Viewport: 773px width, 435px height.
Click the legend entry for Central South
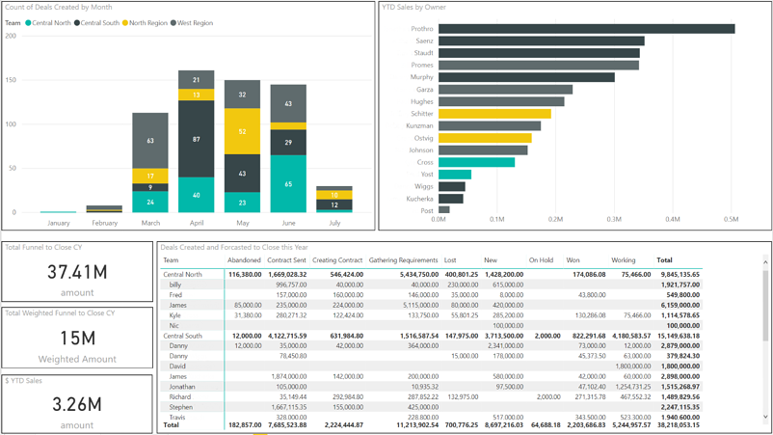[99, 23]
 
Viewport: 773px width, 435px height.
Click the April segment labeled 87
[197, 139]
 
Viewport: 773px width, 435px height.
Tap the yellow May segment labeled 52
[242, 131]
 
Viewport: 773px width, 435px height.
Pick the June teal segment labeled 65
[288, 183]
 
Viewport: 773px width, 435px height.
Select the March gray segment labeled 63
[150, 141]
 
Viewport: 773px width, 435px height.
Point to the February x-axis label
[104, 223]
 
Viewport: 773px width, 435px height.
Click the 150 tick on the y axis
[11, 80]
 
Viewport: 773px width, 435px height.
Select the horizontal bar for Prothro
[586, 29]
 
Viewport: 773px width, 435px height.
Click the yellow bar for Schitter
[494, 114]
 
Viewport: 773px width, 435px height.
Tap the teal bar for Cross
[476, 162]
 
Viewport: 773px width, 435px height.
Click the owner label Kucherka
[419, 198]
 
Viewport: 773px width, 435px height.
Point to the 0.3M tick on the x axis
[614, 220]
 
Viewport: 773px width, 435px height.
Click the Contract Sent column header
[286, 260]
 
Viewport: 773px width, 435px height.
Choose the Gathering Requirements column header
[403, 260]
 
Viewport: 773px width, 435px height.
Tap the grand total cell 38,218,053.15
[679, 424]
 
